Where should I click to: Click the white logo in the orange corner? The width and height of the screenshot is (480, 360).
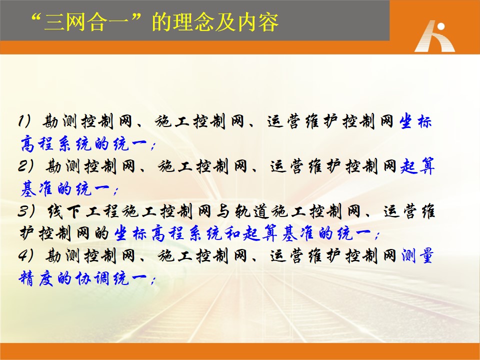[435, 36]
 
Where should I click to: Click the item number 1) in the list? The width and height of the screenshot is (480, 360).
[24, 121]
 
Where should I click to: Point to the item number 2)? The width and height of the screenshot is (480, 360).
[25, 166]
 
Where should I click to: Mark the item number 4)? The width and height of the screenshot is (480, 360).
[25, 255]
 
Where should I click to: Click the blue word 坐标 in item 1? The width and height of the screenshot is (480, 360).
[415, 121]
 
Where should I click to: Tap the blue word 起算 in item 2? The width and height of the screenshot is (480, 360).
[417, 166]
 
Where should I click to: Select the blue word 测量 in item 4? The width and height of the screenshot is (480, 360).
[417, 255]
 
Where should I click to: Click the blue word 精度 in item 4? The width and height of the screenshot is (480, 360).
[36, 278]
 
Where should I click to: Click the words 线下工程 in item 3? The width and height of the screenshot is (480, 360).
[83, 210]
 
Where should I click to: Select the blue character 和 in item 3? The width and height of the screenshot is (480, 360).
[232, 233]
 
